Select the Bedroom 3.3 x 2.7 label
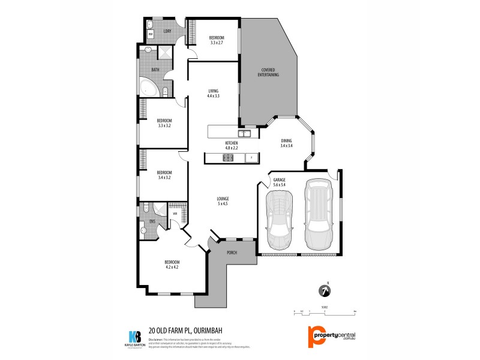point(217,40)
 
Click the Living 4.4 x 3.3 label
point(214,93)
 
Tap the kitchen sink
point(244,133)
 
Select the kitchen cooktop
point(229,158)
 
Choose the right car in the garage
point(318,214)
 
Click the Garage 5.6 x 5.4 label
point(279,182)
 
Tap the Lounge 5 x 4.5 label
point(223,201)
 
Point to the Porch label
point(232,253)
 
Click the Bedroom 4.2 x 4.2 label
point(172,265)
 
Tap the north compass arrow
point(325,290)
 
